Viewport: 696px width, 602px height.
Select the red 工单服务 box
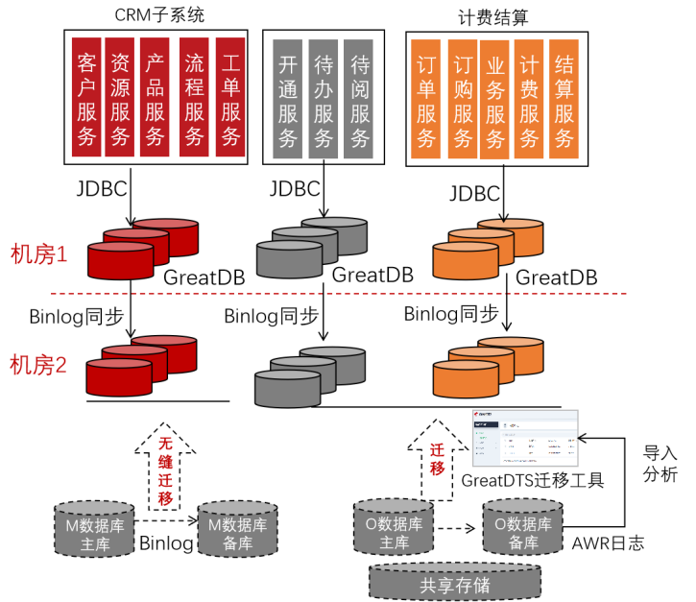(230, 97)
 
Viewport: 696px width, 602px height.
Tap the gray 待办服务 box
(324, 99)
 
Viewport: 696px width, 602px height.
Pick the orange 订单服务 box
(427, 99)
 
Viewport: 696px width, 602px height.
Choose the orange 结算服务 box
(564, 99)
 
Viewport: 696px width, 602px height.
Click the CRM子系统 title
(158, 14)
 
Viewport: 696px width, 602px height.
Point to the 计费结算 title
(494, 14)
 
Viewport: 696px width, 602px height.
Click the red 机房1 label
(39, 254)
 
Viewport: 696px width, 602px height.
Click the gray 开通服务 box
(288, 99)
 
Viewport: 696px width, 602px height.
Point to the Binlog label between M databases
(166, 542)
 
